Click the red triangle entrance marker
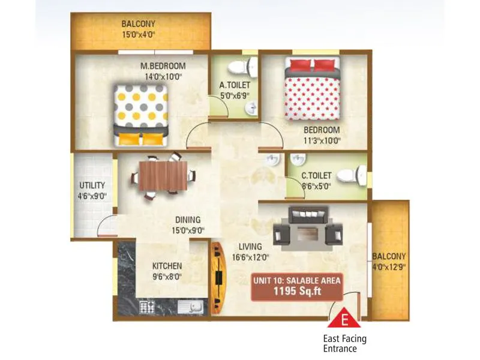click(x=345, y=317)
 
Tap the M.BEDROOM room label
click(x=163, y=66)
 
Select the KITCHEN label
click(x=167, y=266)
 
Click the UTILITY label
click(x=92, y=185)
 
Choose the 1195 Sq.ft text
click(x=297, y=292)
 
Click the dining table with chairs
click(x=164, y=175)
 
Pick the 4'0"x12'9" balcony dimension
click(x=389, y=266)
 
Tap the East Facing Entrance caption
click(x=344, y=343)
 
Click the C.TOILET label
click(x=316, y=175)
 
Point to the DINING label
click(x=188, y=220)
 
